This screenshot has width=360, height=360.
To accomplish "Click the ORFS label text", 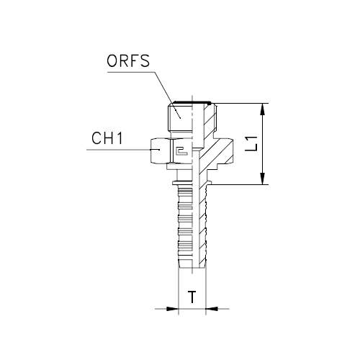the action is coord(128,61).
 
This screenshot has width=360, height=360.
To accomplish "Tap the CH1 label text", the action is coord(107,138).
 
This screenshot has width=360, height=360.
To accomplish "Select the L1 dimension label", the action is coord(251,144).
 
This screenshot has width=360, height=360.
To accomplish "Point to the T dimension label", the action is coord(192,297).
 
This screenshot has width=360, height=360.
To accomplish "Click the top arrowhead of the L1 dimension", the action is coord(264,109).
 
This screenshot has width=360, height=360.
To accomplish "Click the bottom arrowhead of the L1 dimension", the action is coord(264,179).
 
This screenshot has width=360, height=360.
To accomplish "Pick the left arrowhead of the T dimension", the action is coord(173,309).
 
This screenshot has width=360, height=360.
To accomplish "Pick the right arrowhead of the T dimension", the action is coord(212,309).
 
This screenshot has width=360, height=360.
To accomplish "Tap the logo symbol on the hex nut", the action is coord(182,151).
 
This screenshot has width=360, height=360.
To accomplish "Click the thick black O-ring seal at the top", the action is coord(193,102).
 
